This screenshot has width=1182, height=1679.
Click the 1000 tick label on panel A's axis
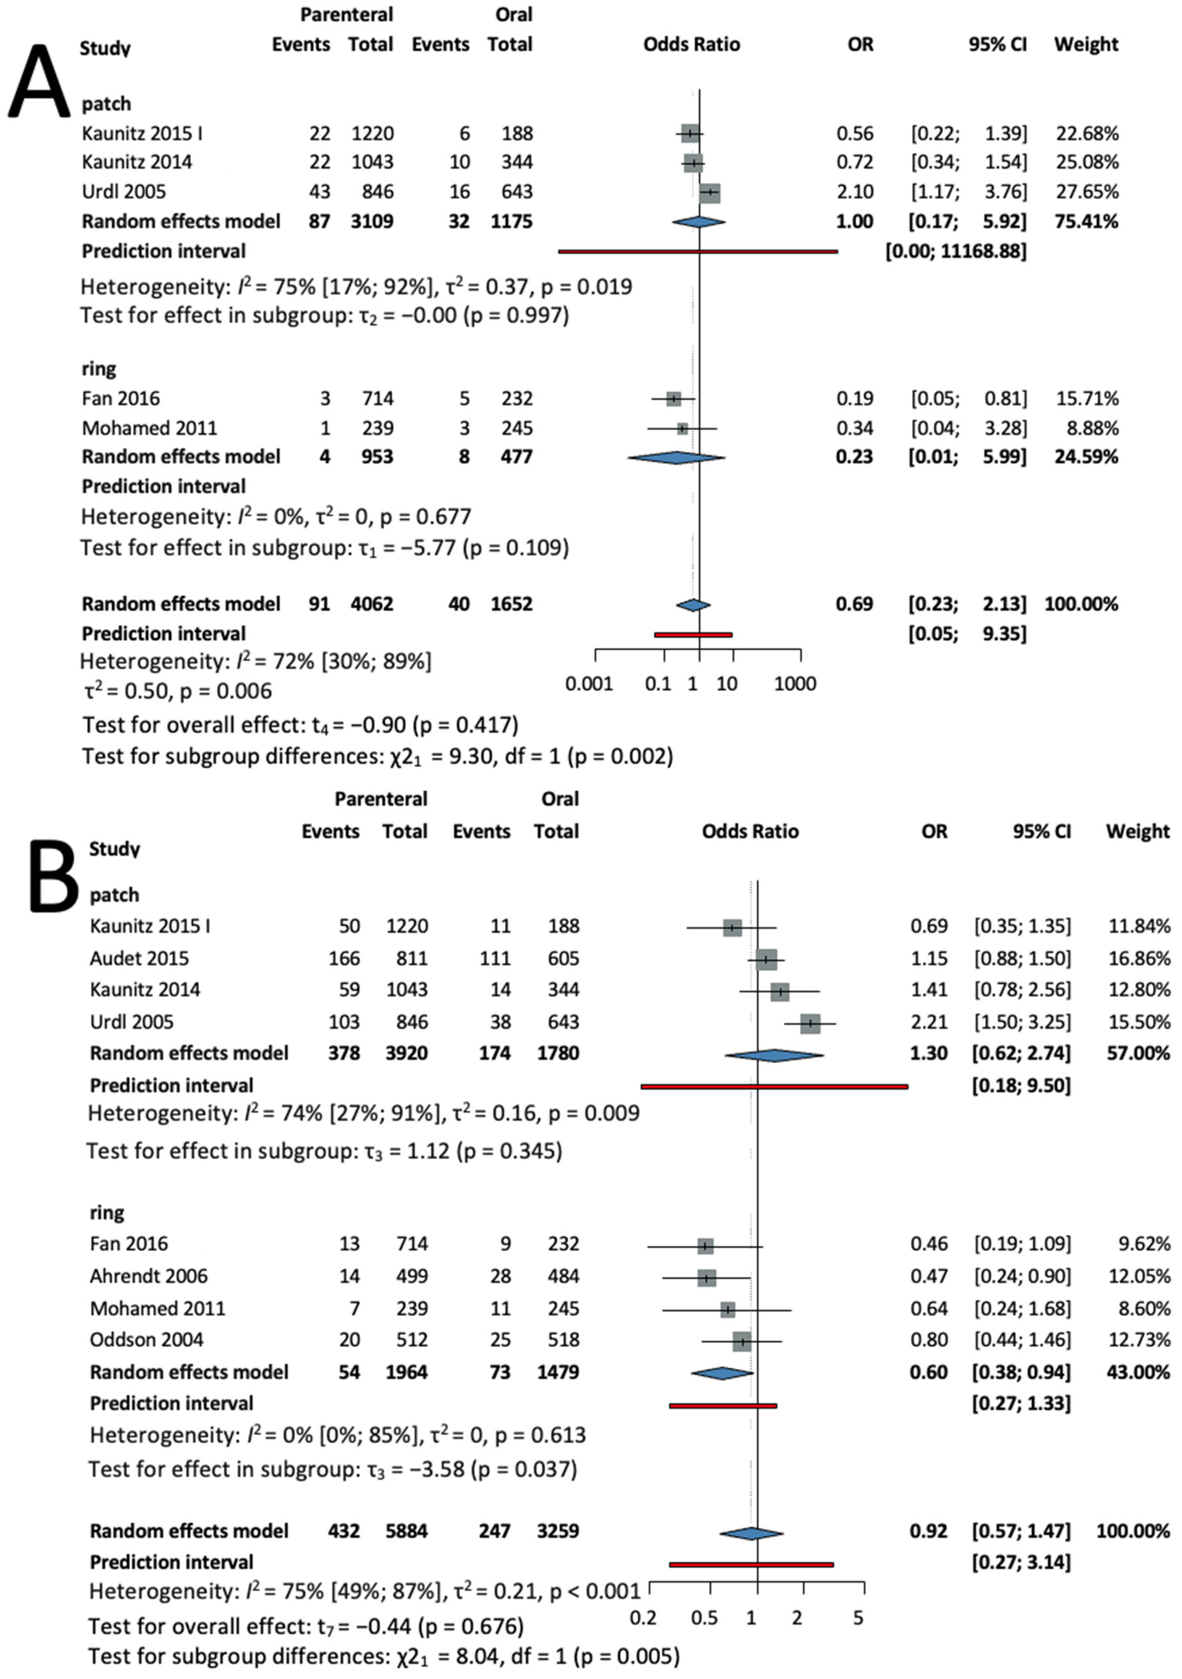[x=795, y=684]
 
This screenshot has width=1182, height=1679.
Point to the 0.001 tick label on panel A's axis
[x=589, y=684]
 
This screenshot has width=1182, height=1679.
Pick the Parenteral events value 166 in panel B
[x=344, y=958]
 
